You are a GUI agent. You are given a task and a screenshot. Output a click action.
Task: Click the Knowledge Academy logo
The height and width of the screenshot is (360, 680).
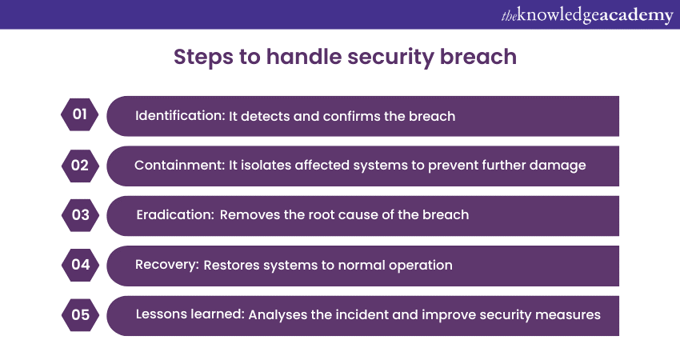point(587,15)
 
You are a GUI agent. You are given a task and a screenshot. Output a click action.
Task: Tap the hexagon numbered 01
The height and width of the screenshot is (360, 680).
point(80,115)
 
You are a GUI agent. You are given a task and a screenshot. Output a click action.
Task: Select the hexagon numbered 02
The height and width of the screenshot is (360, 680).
point(80,166)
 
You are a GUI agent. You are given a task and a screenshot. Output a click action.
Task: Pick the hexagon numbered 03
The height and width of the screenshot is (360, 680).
point(80,215)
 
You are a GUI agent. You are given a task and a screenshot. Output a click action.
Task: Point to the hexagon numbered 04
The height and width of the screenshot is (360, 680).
point(80,265)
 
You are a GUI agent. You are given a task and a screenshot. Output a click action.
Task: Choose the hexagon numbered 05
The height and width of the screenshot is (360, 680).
point(80,314)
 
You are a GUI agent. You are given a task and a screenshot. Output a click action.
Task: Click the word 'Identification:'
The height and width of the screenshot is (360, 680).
point(180,116)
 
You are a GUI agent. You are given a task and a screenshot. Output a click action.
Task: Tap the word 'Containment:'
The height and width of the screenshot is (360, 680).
point(176,166)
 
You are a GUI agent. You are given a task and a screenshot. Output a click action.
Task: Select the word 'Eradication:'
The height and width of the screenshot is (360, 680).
point(174,215)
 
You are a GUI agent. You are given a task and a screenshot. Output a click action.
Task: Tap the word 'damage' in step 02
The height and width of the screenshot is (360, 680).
point(562,166)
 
